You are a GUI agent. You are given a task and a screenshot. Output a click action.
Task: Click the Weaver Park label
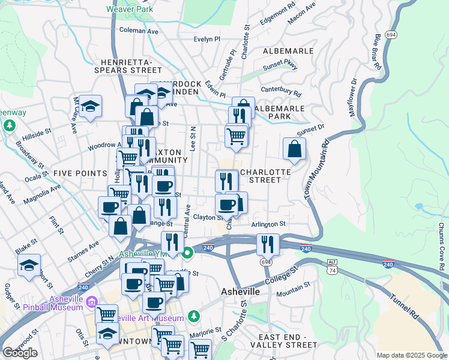pos(129,9)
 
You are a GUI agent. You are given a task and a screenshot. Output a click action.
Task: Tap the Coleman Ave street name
pos(139,30)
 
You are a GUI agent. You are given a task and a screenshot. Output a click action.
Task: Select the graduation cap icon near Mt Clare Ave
pos(90,106)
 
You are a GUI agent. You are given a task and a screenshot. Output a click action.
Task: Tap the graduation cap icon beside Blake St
pos(29,265)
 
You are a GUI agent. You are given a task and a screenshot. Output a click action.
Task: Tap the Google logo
pos(20,353)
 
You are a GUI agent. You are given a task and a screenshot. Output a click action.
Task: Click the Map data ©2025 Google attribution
pos(411,355)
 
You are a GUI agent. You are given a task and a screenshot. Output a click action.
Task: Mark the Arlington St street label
pos(268,224)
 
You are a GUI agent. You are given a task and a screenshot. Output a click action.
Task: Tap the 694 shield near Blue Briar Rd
pos(391,35)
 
